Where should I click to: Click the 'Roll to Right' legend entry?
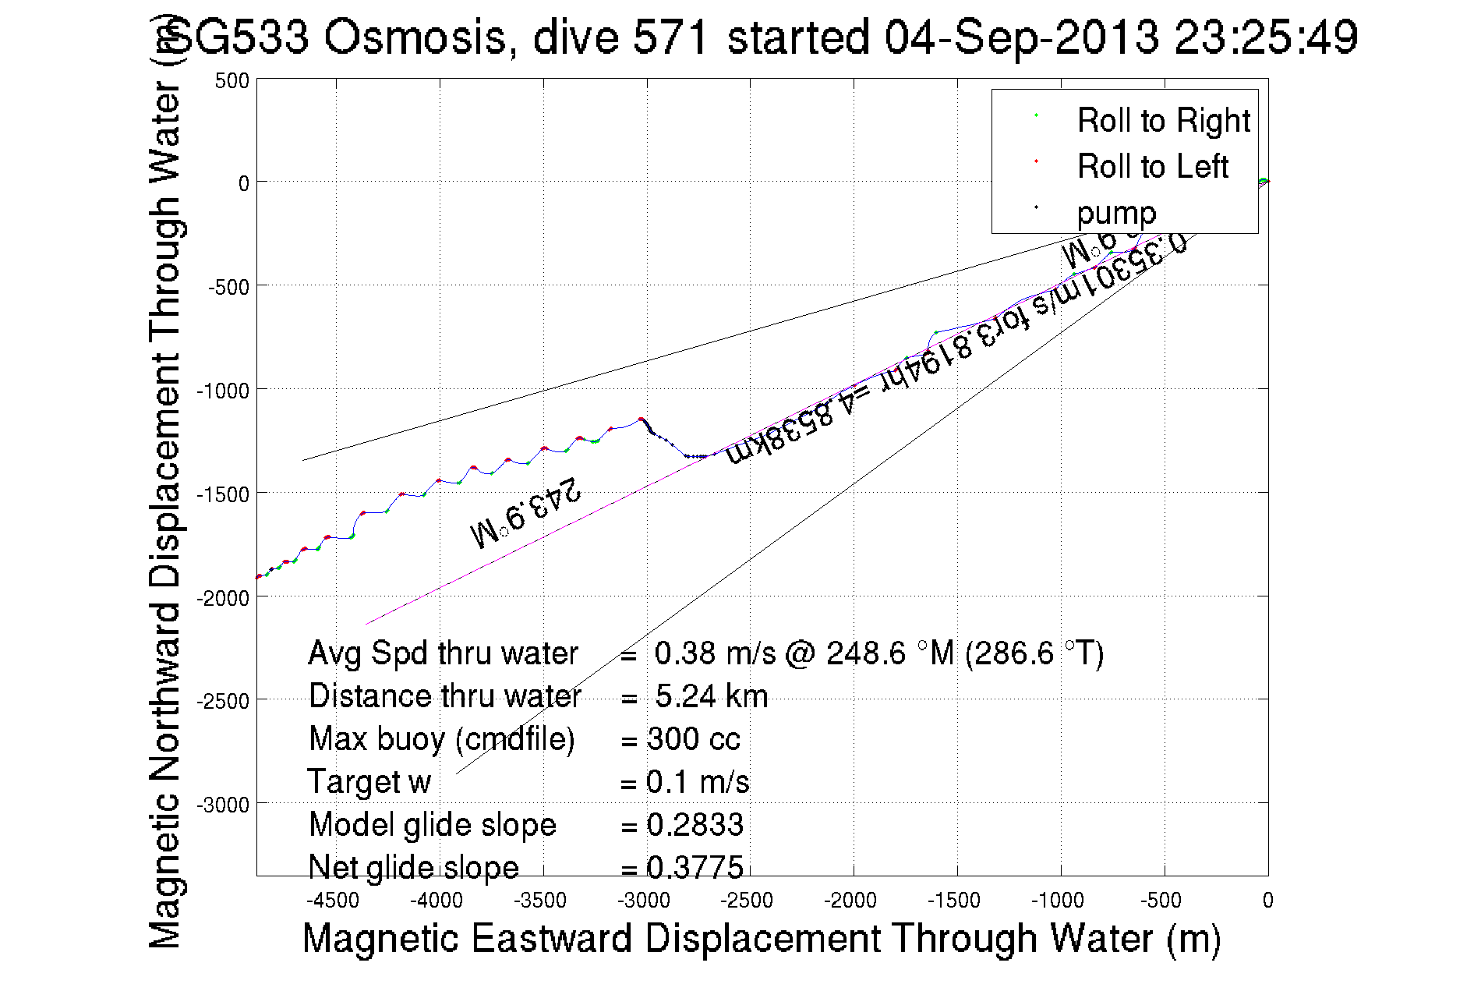point(1162,121)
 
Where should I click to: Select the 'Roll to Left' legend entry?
point(1152,167)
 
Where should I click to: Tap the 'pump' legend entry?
point(1116,213)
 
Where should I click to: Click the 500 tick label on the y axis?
point(232,81)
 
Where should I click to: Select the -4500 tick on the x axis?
point(333,901)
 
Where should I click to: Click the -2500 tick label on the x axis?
point(747,901)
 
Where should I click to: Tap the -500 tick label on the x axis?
point(1161,901)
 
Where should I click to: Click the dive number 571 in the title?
point(670,37)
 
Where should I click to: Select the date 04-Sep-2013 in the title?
point(1021,37)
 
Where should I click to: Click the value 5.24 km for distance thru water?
point(711,696)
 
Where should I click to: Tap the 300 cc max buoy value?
point(693,739)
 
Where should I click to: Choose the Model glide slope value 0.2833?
point(695,825)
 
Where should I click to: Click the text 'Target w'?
point(369,782)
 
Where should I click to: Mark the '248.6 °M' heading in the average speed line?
point(890,653)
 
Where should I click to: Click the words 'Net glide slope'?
point(413,868)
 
